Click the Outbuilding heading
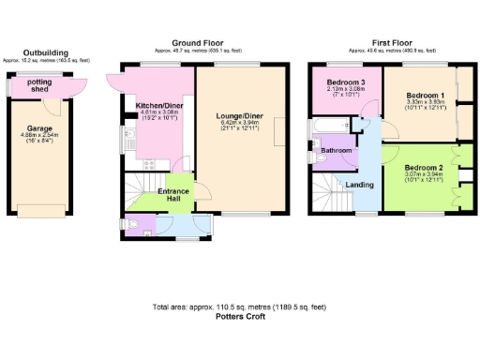[46, 53]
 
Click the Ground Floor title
[196, 42]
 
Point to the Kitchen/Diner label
[158, 106]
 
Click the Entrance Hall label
[174, 194]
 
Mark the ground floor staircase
[138, 187]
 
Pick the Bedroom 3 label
[345, 83]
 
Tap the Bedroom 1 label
[425, 96]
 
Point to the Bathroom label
[337, 150]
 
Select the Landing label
[360, 185]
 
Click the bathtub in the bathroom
[328, 126]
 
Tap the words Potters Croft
[239, 318]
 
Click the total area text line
[239, 307]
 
